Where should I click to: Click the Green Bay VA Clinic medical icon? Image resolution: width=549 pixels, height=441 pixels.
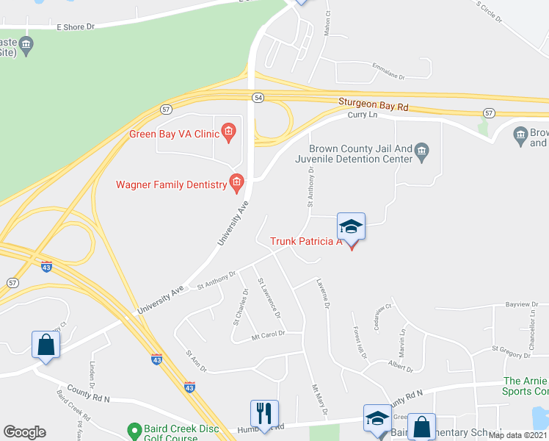[x=228, y=133]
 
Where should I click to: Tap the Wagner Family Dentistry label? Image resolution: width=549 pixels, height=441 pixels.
[x=172, y=184]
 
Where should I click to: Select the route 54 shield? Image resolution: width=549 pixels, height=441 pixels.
[x=257, y=98]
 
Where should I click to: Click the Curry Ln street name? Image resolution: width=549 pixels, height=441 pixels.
[x=361, y=115]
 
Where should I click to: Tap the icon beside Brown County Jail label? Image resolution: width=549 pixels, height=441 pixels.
[x=422, y=153]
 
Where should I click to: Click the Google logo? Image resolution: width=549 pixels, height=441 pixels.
[x=24, y=432]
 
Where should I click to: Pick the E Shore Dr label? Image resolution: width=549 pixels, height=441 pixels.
[x=76, y=26]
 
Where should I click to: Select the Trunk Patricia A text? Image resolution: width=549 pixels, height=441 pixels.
[x=307, y=241]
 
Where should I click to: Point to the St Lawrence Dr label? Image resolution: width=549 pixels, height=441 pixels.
[x=269, y=298]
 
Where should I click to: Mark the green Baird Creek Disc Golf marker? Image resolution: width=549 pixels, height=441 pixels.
[x=134, y=429]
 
